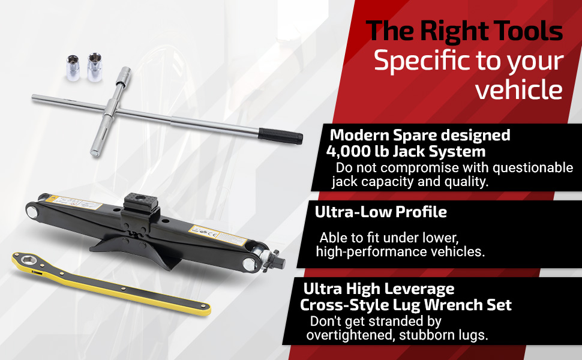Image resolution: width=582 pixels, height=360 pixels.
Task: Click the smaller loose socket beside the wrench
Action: tap(73, 68)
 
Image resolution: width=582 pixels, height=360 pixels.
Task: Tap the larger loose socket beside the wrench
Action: tap(94, 67)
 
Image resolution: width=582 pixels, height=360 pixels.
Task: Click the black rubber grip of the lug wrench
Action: tap(280, 136)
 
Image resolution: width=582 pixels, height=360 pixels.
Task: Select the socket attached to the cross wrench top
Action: tap(123, 77)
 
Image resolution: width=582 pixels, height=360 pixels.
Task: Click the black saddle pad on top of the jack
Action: tap(140, 202)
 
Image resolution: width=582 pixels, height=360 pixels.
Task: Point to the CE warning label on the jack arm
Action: tap(218, 235)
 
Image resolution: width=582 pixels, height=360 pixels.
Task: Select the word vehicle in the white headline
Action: tap(519, 89)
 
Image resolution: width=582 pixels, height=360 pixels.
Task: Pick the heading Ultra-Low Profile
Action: tap(381, 212)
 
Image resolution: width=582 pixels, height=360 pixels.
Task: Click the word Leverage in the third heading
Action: tap(418, 289)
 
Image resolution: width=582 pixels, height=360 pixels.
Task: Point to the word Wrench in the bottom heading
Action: tap(449, 305)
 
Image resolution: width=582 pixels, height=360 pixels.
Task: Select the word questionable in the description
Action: tap(533, 168)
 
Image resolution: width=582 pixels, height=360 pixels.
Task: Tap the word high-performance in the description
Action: tap(371, 252)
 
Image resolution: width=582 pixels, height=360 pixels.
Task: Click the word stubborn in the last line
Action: tap(424, 335)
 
